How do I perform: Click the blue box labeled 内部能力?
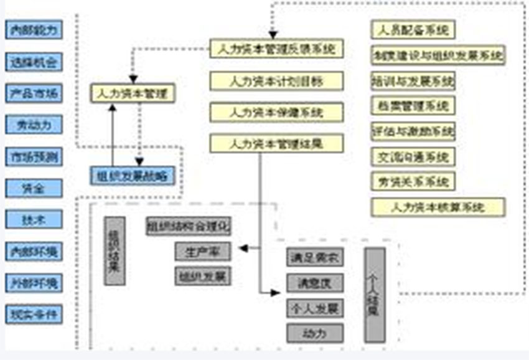click(34, 29)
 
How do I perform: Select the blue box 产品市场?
click(34, 93)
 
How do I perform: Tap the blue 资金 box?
click(34, 188)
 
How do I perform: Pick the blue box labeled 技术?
click(34, 219)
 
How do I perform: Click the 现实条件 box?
click(34, 314)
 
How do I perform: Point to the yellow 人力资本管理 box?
click(133, 93)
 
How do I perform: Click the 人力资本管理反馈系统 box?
click(276, 49)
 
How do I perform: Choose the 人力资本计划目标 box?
click(276, 81)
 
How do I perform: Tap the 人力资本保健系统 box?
click(276, 113)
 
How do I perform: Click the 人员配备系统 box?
click(413, 29)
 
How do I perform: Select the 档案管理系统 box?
click(413, 106)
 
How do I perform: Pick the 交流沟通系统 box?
click(413, 156)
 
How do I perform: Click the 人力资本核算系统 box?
click(438, 207)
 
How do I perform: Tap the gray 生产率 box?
click(203, 252)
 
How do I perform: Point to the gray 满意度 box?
click(315, 283)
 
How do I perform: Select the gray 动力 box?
click(315, 333)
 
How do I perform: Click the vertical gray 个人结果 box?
click(375, 295)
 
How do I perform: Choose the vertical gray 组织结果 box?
click(115, 250)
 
